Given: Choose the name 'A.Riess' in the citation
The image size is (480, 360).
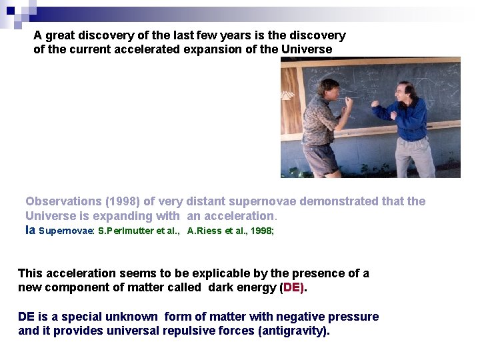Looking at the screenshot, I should [203, 231].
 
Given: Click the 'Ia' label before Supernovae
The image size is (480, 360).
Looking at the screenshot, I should [30, 231].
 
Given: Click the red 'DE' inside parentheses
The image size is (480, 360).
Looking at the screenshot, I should [293, 287].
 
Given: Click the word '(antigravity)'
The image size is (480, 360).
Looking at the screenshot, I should [293, 331].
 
